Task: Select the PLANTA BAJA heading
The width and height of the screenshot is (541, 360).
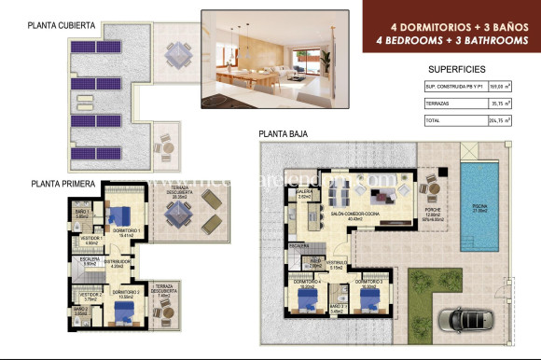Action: pyautogui.click(x=291, y=133)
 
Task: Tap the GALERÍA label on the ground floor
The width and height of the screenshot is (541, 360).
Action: pyautogui.click(x=304, y=194)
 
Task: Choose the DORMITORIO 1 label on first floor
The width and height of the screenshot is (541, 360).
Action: pyautogui.click(x=125, y=230)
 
